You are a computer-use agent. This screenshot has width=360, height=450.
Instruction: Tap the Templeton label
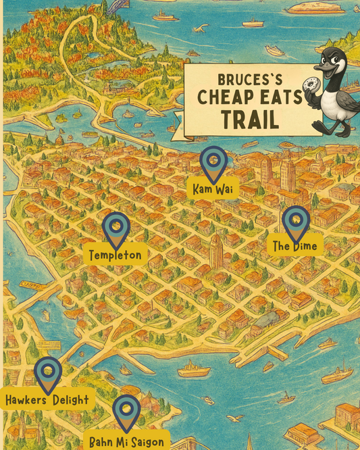(x=116, y=255)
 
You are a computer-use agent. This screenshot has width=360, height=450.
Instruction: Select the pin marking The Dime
(x=295, y=222)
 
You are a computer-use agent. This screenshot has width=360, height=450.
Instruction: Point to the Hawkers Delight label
(x=47, y=400)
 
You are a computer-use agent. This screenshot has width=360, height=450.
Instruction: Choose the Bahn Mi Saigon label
(x=127, y=441)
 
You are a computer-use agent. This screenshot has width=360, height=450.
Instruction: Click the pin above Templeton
(x=116, y=228)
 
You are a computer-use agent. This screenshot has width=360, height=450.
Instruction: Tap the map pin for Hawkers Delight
(x=48, y=373)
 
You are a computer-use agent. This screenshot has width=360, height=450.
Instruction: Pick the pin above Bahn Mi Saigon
(x=126, y=410)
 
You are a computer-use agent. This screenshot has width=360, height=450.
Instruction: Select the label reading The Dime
(x=294, y=245)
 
